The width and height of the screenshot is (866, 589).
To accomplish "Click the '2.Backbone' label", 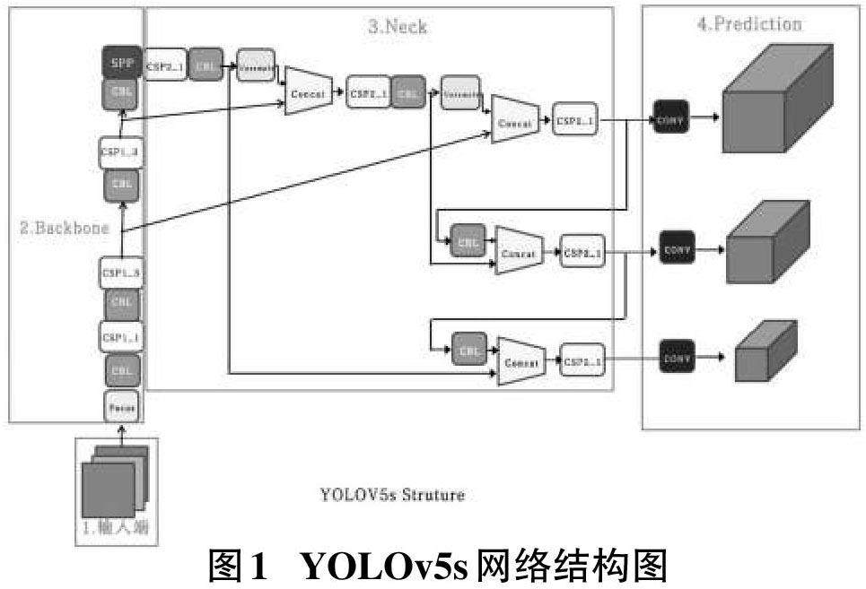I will (65, 228).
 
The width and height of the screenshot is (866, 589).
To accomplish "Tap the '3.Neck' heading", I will (398, 27).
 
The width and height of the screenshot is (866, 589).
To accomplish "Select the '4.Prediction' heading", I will (749, 23).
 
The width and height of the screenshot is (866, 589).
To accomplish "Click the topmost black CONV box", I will (670, 119).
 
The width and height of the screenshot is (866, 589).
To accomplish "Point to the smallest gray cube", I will (765, 351).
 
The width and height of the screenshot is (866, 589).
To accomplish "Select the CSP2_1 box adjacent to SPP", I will (165, 65).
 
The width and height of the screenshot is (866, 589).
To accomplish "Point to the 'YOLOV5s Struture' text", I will (392, 494).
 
